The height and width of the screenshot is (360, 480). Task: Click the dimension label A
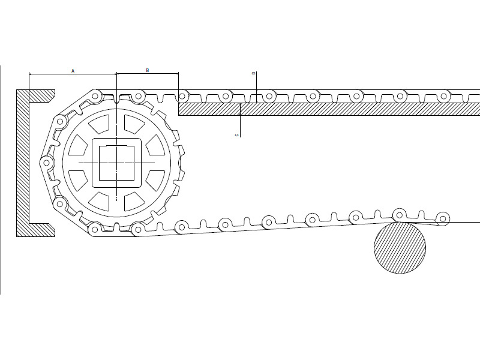[x=73, y=71]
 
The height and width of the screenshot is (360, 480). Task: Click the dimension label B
[x=147, y=70]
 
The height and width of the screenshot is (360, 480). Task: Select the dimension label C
[x=236, y=135]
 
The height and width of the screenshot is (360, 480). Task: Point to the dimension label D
[x=253, y=73]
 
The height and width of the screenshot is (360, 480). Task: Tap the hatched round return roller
[x=400, y=248]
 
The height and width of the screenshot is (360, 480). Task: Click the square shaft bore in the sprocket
[x=116, y=163]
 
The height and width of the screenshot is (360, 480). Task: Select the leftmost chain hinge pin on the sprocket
[x=47, y=163]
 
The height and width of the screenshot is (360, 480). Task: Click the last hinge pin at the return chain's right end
[x=443, y=218]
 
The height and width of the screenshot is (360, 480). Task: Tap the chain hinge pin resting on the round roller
[x=399, y=215]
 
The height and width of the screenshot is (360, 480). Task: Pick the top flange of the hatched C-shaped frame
[x=36, y=96]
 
